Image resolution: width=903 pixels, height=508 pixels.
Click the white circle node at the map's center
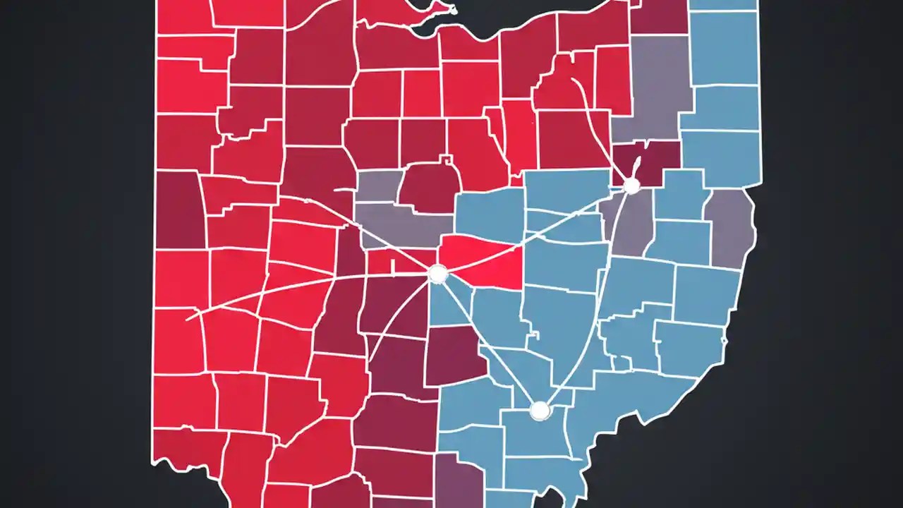point(438,273)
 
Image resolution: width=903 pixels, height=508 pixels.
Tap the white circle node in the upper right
point(631,186)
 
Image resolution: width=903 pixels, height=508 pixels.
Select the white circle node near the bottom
point(540,410)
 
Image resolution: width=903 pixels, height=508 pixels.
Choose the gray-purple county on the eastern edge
point(730,226)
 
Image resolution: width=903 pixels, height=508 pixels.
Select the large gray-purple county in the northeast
point(653,92)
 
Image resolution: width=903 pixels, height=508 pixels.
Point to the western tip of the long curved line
point(188,320)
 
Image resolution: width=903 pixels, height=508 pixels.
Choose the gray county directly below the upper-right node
point(631,226)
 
